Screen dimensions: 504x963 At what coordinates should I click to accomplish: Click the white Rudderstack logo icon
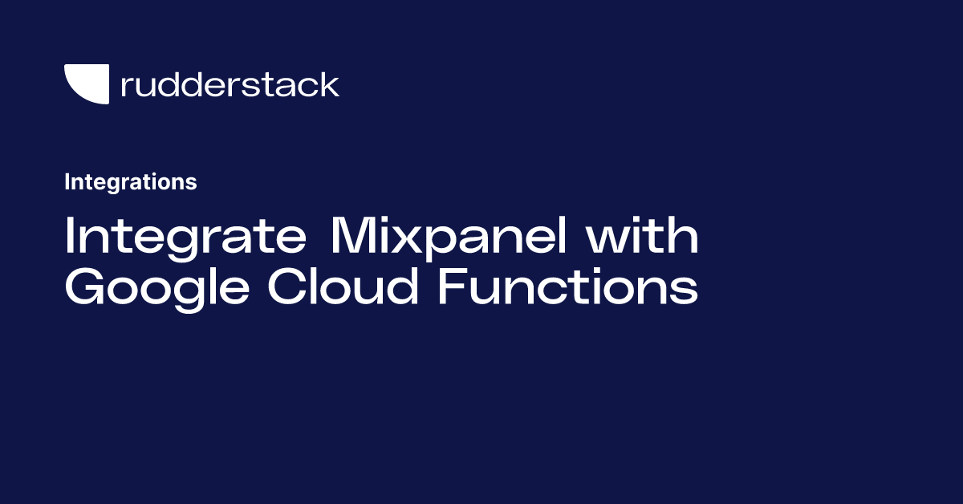coord(86,83)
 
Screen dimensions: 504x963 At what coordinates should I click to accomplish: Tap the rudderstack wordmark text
coord(230,84)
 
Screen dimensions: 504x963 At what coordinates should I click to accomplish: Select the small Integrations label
coord(130,182)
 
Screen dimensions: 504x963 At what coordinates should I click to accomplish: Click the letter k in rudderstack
coord(329,83)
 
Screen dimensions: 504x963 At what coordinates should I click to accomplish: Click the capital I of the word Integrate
coord(69,238)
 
